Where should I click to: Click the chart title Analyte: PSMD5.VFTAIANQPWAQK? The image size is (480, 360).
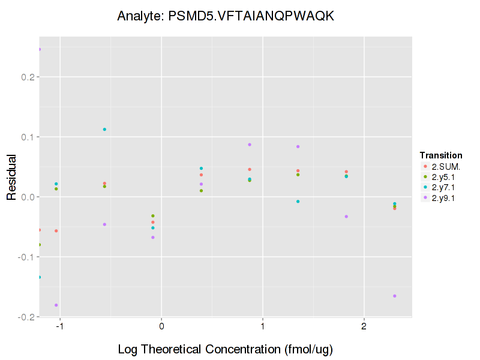(225, 16)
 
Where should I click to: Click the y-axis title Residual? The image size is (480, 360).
(11, 179)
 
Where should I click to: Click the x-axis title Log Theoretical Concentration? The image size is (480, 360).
(225, 349)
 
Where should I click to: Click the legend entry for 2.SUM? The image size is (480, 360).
(445, 166)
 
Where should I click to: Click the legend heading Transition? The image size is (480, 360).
(441, 155)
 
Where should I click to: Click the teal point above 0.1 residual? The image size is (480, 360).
(104, 130)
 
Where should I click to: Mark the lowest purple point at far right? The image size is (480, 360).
(395, 296)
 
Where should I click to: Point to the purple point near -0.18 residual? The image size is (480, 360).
(56, 305)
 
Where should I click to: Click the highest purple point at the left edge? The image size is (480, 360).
(40, 50)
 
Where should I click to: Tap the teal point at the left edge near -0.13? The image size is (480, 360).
(40, 277)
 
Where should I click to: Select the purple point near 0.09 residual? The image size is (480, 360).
(250, 145)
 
